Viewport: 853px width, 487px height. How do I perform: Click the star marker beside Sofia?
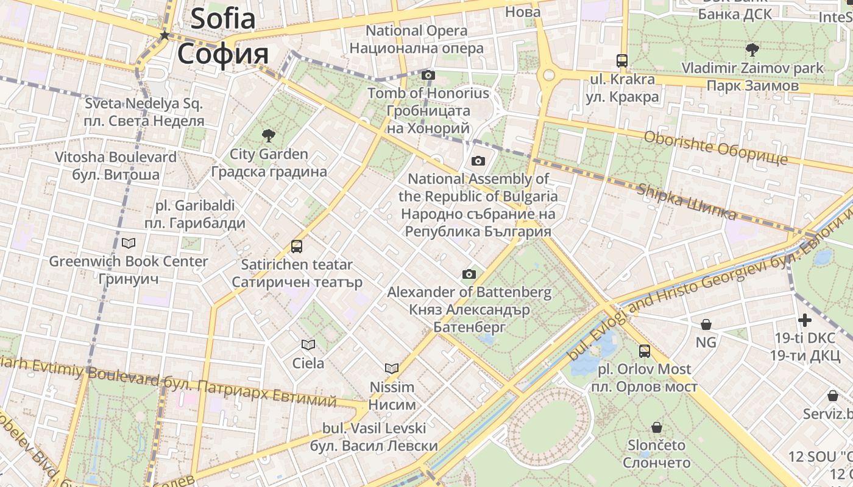click(x=164, y=36)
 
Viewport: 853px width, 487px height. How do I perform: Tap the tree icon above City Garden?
click(x=268, y=135)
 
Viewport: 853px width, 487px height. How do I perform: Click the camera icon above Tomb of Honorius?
click(x=428, y=75)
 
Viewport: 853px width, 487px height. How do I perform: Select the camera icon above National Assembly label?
click(x=478, y=161)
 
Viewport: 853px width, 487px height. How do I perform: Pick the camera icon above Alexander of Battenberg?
click(x=469, y=274)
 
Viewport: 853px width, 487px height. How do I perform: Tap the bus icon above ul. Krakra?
click(x=622, y=61)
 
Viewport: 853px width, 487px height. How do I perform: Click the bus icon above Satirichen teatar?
click(x=297, y=247)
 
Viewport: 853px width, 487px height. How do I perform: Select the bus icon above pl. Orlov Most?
click(x=645, y=351)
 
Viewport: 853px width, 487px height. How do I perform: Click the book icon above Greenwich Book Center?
click(x=129, y=243)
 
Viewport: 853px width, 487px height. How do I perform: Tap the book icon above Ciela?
click(x=308, y=345)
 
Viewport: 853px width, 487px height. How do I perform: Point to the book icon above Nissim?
click(x=392, y=368)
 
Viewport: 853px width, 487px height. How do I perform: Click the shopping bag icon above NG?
click(x=706, y=324)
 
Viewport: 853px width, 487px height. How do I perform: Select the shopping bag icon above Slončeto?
click(x=657, y=427)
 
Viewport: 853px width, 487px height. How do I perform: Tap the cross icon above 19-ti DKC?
click(x=805, y=320)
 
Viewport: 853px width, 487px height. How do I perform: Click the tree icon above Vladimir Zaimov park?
click(x=752, y=49)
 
